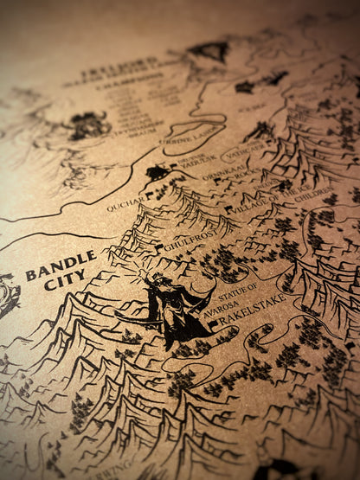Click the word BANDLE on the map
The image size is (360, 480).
(61, 262)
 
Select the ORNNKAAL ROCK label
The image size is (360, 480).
(233, 174)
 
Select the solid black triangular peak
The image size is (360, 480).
(209, 51)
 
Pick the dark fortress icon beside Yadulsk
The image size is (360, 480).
(157, 173)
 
